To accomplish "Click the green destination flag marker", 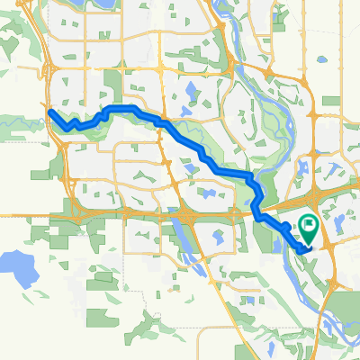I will pyautogui.click(x=308, y=226).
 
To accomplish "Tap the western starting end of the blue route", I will pyautogui.click(x=50, y=112).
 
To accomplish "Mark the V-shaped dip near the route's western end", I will pyautogui.click(x=67, y=129).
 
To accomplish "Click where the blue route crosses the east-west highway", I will pyautogui.click(x=258, y=216).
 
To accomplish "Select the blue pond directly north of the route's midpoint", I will pyautogui.click(x=192, y=89).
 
